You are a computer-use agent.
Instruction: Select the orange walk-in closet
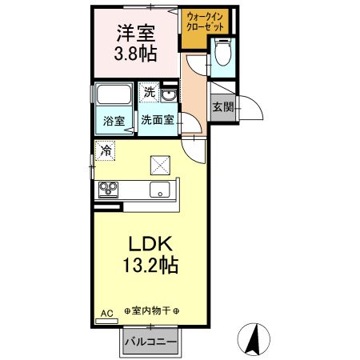206,22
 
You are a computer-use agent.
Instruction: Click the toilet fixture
223,54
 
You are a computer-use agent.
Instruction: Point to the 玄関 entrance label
222,107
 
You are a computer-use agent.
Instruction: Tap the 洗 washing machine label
149,93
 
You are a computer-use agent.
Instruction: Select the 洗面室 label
158,122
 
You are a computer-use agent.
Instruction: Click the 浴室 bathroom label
114,122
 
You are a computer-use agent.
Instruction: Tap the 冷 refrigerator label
106,148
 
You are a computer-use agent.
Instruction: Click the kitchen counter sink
158,190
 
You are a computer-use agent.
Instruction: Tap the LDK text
148,244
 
